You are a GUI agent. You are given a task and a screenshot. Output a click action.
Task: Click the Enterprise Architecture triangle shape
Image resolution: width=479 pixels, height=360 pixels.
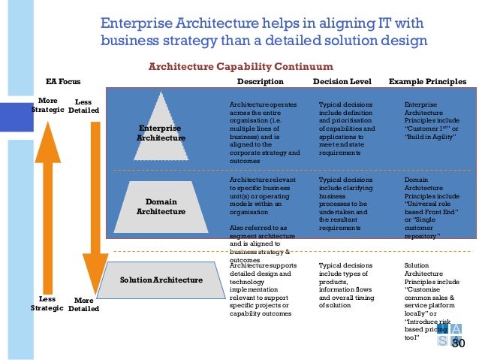tap(161, 128)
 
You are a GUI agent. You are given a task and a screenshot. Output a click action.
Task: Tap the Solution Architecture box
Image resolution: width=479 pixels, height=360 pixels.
tap(161, 280)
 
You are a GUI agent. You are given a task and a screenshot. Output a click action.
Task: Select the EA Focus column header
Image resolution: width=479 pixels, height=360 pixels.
tap(63, 81)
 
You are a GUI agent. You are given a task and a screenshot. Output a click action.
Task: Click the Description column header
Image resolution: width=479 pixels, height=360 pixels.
tap(260, 81)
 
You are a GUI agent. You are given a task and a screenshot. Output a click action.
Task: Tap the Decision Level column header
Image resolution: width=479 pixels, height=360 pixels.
tap(341, 81)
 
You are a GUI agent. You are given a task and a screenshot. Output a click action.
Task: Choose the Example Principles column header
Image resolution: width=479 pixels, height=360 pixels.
tap(427, 81)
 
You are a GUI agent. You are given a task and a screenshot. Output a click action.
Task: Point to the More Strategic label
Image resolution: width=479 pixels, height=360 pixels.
tap(47, 105)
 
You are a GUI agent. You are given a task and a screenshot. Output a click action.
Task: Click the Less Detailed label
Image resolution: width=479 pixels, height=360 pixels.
tap(83, 106)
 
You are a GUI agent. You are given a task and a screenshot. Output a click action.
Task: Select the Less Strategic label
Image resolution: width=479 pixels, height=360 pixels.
tap(47, 304)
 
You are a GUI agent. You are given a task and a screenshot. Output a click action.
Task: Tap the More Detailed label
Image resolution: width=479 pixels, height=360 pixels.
tap(83, 304)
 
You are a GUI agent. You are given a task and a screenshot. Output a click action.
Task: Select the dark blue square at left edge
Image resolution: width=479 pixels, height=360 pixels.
tap(9, 115)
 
